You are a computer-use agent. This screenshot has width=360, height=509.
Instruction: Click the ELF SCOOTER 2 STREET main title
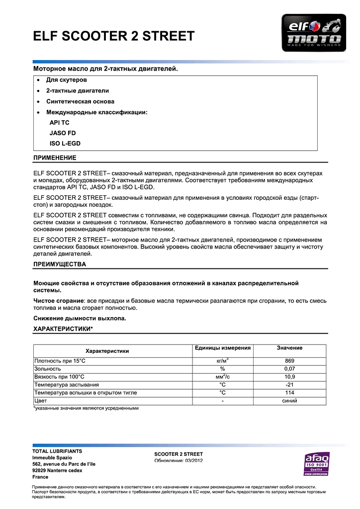pos(113,36)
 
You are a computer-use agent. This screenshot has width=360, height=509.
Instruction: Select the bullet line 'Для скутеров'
pos(67,80)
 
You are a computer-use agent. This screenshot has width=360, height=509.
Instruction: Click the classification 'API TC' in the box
pos(60,122)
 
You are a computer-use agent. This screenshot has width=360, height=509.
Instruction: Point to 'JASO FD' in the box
pos(63,133)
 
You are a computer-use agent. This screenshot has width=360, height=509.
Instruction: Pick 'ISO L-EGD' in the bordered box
pos(65,144)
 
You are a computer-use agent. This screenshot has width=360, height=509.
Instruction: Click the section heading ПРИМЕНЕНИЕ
pos(55,158)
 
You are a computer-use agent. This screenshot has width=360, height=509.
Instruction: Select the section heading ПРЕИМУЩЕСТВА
pos(59,264)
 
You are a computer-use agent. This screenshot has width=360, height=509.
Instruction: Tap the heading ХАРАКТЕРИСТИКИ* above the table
pos(63,329)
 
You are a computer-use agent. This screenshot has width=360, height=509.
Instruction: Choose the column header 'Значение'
pos(289,348)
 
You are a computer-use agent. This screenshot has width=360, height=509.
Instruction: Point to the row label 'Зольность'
pos(47,369)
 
